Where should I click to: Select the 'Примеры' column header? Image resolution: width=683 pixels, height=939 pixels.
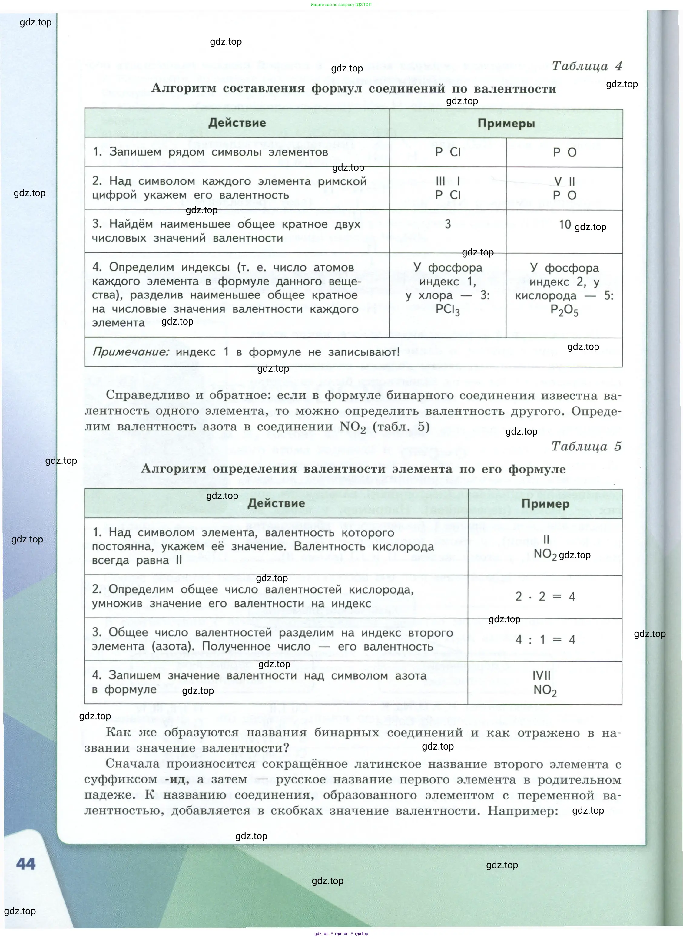click(506, 124)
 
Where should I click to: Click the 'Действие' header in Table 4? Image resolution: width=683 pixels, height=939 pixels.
click(237, 123)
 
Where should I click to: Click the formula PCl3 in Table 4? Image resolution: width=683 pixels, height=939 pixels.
click(448, 310)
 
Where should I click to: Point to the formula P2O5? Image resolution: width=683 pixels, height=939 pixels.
click(564, 310)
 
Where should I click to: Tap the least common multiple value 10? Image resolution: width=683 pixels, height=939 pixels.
click(565, 224)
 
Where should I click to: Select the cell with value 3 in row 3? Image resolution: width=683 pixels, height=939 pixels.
click(448, 224)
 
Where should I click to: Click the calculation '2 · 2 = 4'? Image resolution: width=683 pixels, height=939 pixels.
click(545, 597)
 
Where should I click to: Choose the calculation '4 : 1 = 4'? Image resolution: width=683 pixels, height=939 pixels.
click(545, 640)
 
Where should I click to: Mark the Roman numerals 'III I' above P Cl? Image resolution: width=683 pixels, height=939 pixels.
click(448, 181)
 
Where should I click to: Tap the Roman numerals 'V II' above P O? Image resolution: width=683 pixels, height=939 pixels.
click(565, 181)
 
